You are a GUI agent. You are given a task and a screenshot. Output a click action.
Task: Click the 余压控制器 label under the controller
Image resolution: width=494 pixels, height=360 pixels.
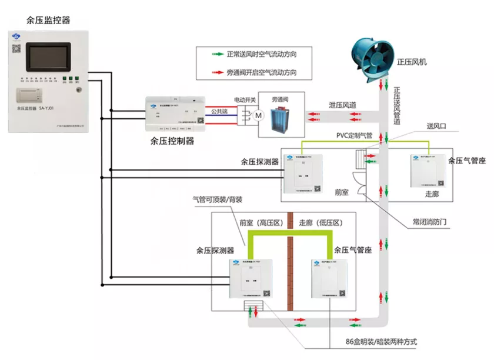[x=173, y=141]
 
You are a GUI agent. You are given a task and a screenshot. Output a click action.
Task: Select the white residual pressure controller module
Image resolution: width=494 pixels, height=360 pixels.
[x=177, y=115]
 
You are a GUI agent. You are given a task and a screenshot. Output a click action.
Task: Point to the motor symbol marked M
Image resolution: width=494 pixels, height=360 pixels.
[x=257, y=116]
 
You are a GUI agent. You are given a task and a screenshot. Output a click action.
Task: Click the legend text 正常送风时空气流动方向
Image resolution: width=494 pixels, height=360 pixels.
[x=261, y=54]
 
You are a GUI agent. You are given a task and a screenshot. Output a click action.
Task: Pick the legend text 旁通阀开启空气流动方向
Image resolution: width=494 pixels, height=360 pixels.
[x=261, y=73]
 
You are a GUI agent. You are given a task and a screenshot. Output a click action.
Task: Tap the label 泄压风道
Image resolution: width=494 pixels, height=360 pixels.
[x=342, y=105]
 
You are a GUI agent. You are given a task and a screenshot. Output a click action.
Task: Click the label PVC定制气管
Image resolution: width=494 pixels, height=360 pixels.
[x=355, y=136]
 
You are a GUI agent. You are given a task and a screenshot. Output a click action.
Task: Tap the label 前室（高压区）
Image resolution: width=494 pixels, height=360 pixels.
[x=262, y=223]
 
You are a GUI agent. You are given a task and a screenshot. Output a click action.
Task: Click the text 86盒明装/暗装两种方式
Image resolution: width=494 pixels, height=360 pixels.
[x=382, y=342]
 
